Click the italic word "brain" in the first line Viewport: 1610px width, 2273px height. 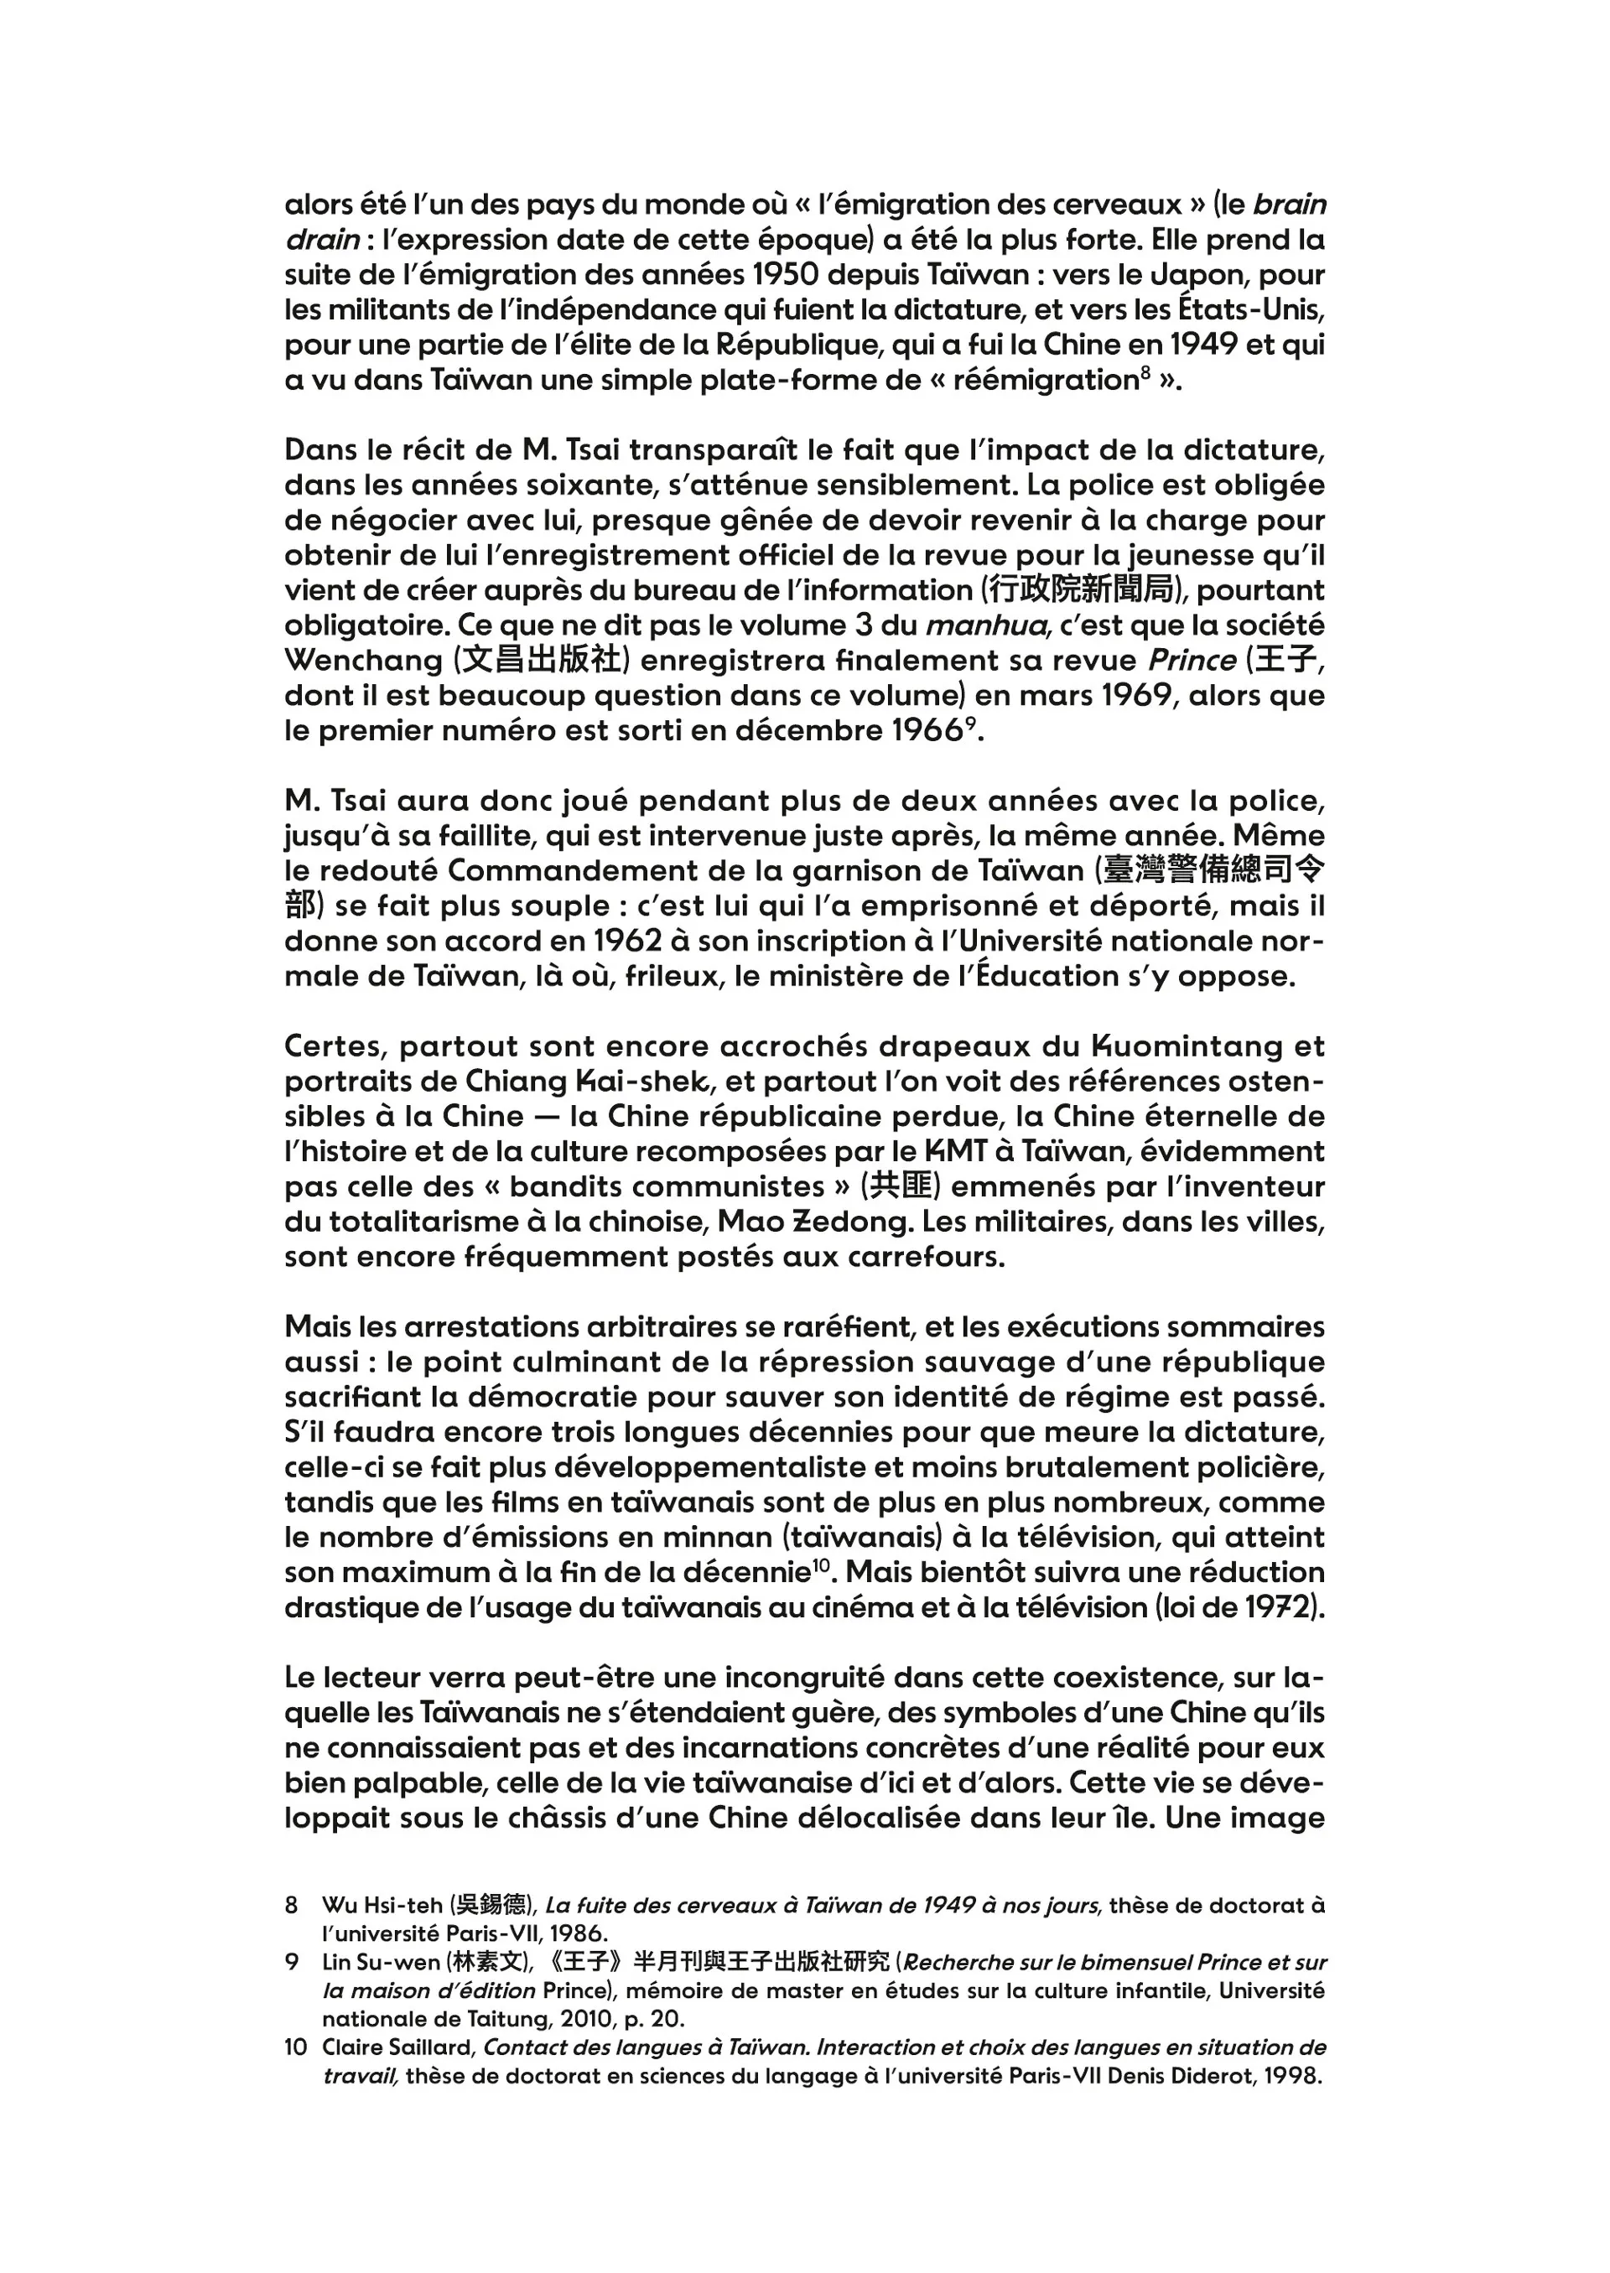click(x=1289, y=205)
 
